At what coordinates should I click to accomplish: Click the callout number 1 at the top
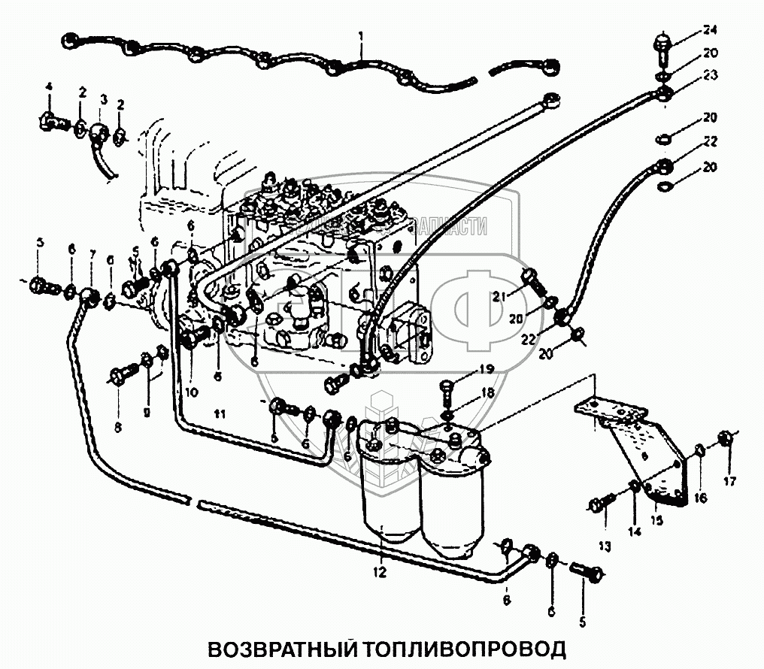click(x=361, y=35)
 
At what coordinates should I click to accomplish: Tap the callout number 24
click(x=711, y=30)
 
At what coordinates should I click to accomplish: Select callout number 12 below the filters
click(x=379, y=573)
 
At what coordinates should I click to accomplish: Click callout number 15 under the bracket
click(x=656, y=519)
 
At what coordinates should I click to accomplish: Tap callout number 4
click(x=49, y=87)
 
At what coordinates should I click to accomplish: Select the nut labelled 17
click(x=726, y=437)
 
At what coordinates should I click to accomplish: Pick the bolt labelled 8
click(x=123, y=373)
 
